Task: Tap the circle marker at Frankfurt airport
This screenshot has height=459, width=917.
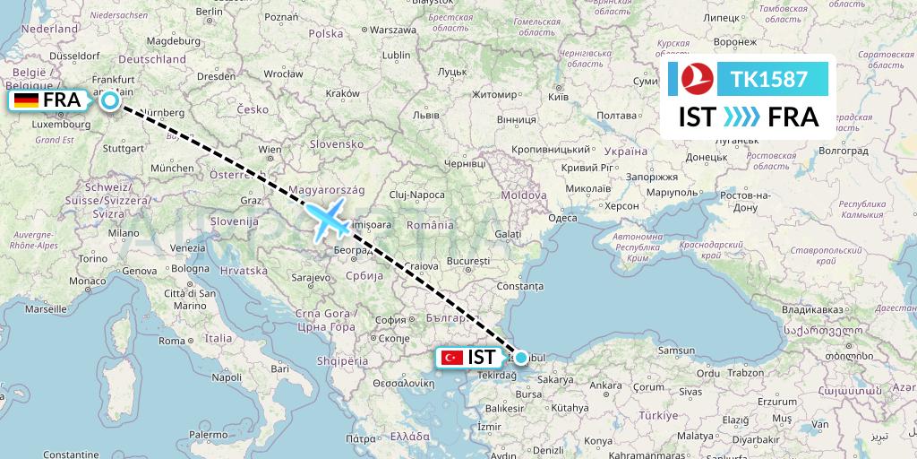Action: (x=109, y=100)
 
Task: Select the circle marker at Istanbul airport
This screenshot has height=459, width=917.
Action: (x=521, y=357)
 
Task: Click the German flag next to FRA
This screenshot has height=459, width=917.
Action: (x=26, y=100)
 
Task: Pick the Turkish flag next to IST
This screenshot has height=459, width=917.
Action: (x=453, y=357)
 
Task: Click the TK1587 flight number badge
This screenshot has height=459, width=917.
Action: (x=769, y=80)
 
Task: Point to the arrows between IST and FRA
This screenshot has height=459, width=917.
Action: (x=740, y=117)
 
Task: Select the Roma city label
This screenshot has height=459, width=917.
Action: (x=171, y=341)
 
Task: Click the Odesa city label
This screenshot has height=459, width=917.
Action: (x=562, y=218)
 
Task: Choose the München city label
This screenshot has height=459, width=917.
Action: (x=172, y=168)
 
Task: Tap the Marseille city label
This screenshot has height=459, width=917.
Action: (x=47, y=307)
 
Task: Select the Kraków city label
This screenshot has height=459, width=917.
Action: (x=342, y=94)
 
